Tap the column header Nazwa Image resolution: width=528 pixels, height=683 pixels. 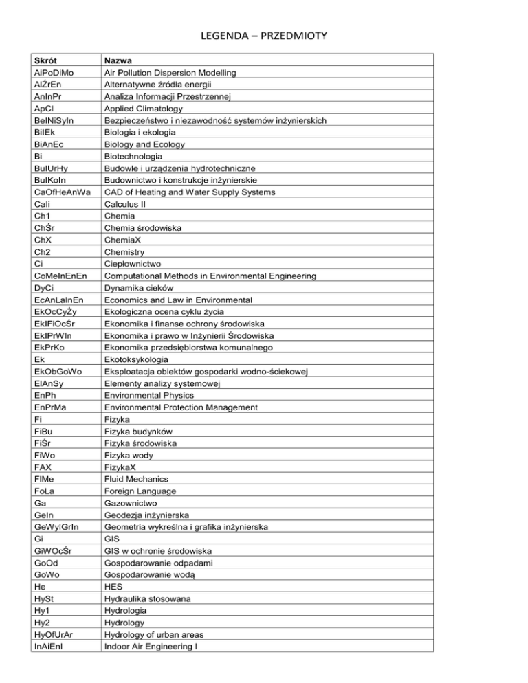click(118, 60)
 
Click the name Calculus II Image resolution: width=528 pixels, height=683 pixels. click(124, 203)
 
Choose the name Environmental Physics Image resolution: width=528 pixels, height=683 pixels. click(148, 396)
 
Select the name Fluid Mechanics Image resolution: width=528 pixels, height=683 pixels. click(136, 479)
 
